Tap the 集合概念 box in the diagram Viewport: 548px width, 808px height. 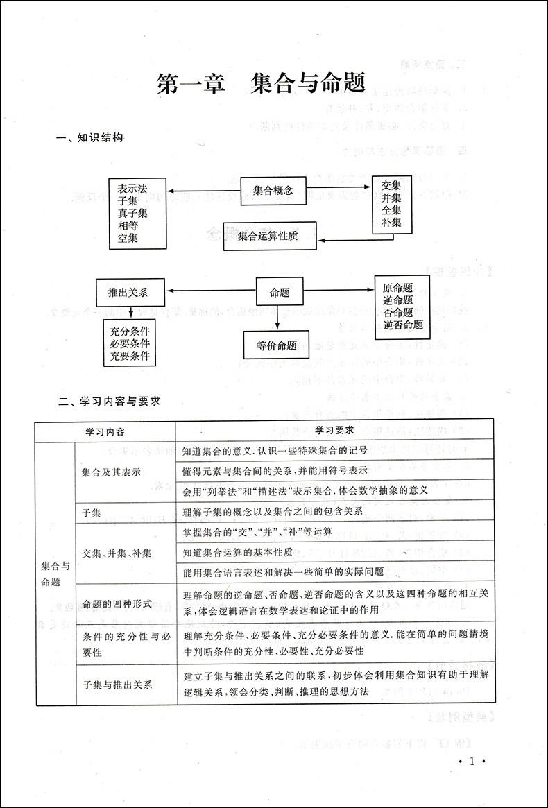tap(273, 190)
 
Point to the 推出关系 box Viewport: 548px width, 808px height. tap(123, 292)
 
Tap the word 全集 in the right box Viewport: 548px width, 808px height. tap(391, 210)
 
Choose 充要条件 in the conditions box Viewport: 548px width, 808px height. tap(130, 356)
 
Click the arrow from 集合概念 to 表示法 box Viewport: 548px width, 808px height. tap(204, 191)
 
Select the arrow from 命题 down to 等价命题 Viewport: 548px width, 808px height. tap(277, 319)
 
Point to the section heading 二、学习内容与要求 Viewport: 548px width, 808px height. tap(110, 401)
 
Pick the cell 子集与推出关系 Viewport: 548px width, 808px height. tap(117, 684)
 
